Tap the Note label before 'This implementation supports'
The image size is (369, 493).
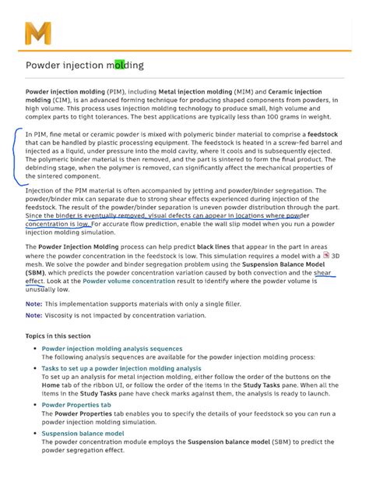click(x=33, y=303)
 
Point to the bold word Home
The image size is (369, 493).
click(x=51, y=385)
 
